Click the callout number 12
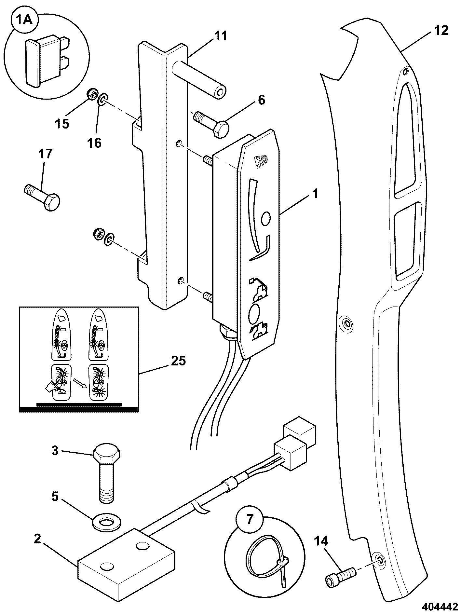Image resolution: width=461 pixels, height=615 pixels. point(441,30)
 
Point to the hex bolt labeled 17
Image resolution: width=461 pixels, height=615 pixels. point(42,198)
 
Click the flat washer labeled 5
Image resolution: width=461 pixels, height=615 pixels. point(105,523)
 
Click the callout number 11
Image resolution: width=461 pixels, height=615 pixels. point(221,36)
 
